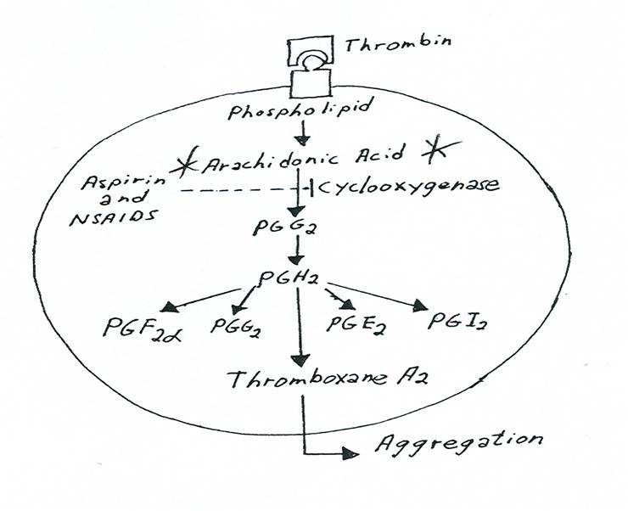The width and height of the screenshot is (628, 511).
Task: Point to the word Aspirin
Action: point(120,184)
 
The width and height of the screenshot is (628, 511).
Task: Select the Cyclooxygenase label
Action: point(382,186)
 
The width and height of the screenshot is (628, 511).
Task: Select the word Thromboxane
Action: point(280,379)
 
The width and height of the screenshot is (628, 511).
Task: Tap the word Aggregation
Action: point(450,441)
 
